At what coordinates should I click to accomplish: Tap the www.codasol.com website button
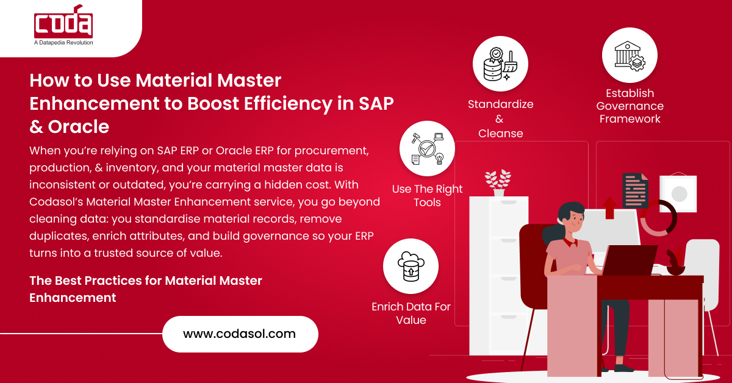[240, 334]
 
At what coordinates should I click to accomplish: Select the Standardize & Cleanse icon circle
[500, 64]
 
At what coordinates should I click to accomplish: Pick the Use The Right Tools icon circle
[427, 148]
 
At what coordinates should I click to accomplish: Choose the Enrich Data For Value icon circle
[411, 266]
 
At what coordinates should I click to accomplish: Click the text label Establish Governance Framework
[630, 106]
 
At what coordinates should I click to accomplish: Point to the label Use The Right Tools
[427, 196]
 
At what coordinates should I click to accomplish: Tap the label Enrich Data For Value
[411, 313]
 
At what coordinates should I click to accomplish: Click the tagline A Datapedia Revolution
[63, 43]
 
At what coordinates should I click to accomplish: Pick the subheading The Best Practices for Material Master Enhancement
[146, 289]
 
